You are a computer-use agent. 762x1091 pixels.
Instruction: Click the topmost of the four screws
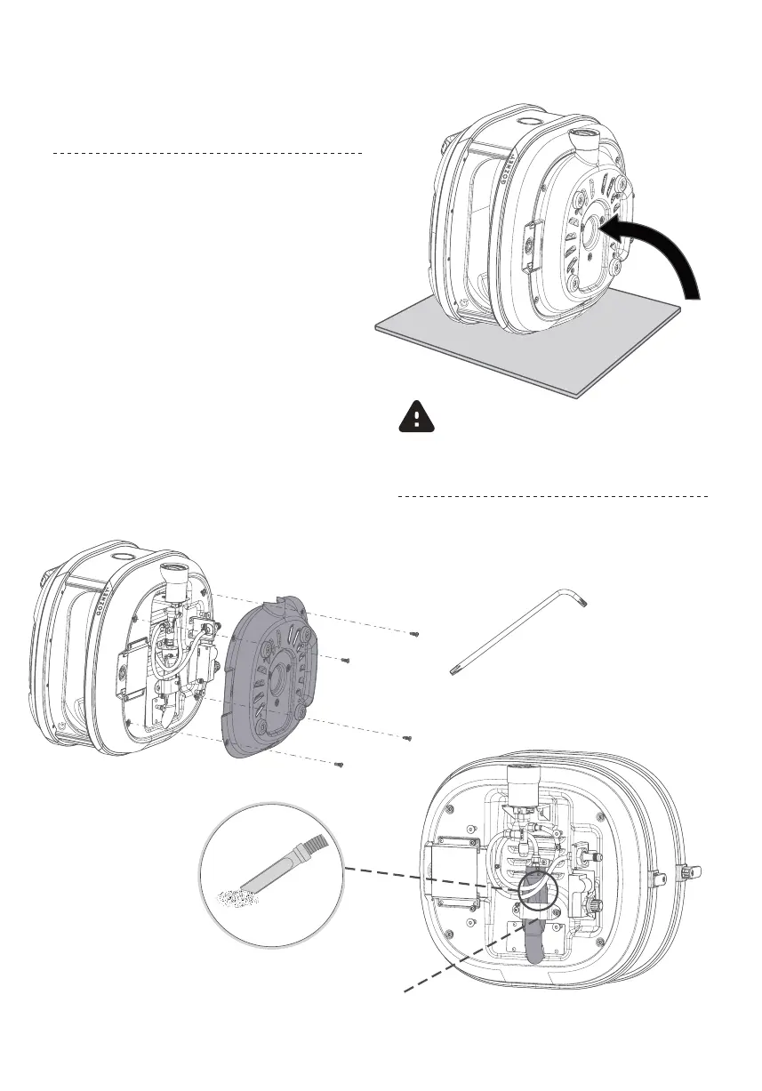(x=413, y=634)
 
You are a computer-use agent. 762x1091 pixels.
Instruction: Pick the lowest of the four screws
(x=338, y=765)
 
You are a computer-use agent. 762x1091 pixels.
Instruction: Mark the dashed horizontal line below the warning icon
(x=551, y=496)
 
